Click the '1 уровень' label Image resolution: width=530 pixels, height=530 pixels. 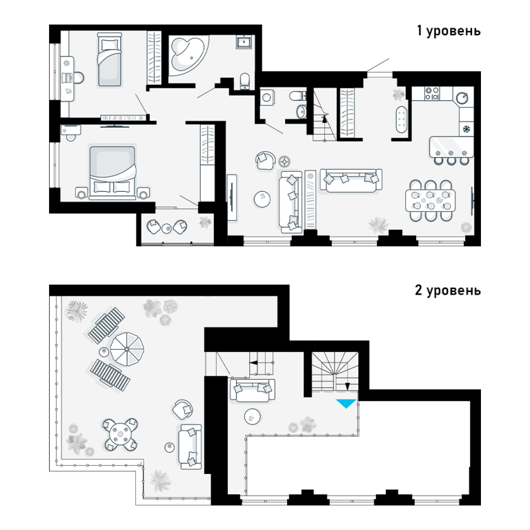point(449,31)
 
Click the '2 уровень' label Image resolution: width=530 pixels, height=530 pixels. point(448,291)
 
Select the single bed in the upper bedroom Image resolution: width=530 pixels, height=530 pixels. point(110,60)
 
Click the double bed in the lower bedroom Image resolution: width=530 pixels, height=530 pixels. point(112,173)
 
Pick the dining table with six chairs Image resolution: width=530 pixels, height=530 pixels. point(430,201)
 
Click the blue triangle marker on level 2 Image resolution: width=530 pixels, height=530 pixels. point(346,403)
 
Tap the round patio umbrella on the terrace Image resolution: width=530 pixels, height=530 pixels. point(127,349)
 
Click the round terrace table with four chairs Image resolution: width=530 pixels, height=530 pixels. point(121,434)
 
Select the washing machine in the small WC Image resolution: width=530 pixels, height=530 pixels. point(267,98)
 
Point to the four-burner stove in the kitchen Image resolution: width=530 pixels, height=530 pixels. point(432,94)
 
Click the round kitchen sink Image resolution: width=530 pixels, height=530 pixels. point(462,98)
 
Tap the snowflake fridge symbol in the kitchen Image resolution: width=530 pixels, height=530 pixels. point(467,129)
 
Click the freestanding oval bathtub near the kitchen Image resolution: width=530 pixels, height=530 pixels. point(401,119)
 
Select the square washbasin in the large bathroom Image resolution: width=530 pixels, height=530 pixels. point(244,42)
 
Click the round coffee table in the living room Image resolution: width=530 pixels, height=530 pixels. point(262,199)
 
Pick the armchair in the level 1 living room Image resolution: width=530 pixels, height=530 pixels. point(265,160)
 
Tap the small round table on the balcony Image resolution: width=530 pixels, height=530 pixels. point(166,229)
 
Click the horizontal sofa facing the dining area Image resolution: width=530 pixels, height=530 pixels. point(351,181)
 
